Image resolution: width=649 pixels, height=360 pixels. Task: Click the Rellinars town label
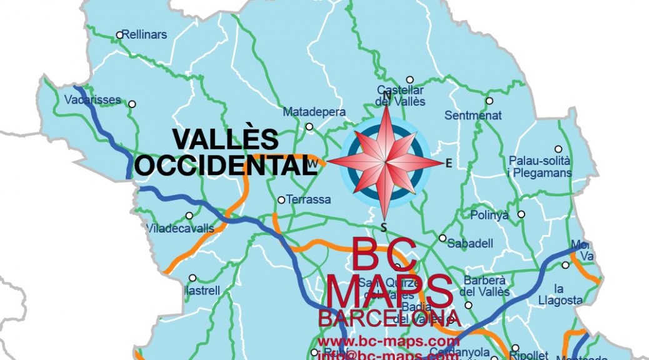coord(145,35)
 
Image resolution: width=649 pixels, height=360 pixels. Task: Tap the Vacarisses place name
coord(92,99)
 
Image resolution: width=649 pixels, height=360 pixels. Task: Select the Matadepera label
coord(314,112)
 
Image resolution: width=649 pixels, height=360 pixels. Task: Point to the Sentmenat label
coord(473,115)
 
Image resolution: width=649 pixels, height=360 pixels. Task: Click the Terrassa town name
coord(308,200)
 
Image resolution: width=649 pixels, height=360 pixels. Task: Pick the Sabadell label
coord(471,243)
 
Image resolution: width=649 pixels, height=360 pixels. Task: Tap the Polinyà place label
coord(489,215)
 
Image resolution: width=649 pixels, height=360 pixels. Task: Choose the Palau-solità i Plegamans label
coord(540,167)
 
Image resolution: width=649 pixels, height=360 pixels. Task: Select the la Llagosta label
coord(560,294)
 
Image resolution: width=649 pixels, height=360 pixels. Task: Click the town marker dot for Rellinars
coord(119,35)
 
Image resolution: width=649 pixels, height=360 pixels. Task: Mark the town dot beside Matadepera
coord(309,126)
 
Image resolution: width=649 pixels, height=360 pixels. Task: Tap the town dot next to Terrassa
coord(281,200)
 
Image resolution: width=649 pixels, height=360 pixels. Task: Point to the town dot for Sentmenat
coord(489,101)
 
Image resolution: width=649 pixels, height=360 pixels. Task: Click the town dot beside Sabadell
coord(443,238)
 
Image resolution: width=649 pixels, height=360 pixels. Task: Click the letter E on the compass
coord(448,164)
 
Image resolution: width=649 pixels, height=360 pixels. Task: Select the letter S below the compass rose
coord(384,226)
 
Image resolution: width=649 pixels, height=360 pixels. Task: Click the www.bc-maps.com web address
coord(388,341)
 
